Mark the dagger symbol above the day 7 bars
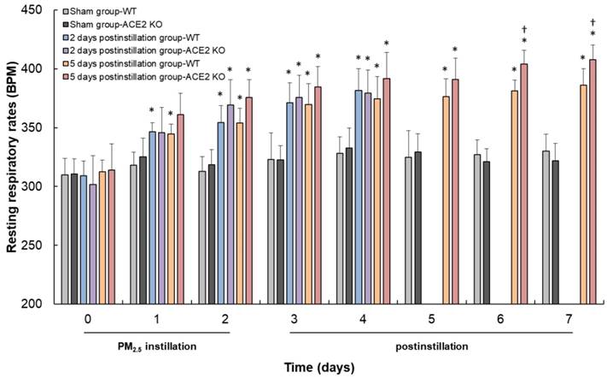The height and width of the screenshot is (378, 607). (593, 22)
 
